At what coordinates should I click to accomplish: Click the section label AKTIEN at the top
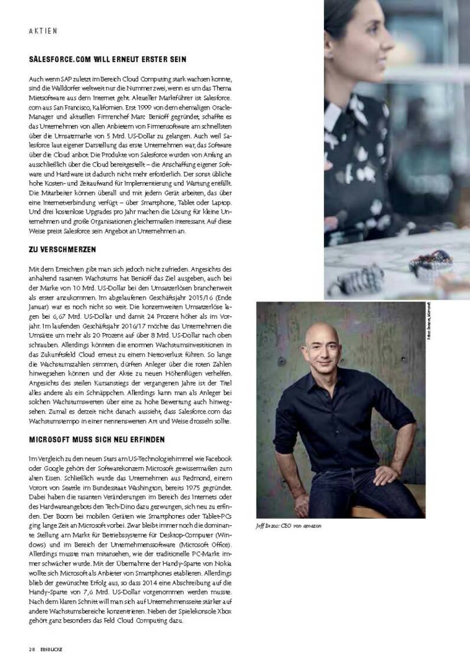coord(43,31)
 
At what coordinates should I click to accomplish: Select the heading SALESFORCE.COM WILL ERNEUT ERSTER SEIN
coord(108,60)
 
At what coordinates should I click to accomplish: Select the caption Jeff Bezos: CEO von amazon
coord(289,526)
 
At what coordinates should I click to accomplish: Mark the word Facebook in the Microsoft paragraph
coord(218,460)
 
